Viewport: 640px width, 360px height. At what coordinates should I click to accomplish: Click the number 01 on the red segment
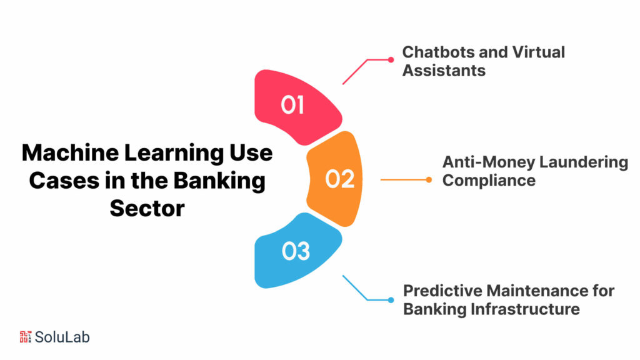(292, 105)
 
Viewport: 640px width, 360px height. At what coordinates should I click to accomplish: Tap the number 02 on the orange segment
(340, 179)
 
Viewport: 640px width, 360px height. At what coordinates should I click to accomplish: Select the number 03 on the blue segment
(296, 251)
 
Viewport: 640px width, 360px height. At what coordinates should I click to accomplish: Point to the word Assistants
(444, 70)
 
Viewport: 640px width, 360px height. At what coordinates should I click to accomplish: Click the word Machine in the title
(68, 153)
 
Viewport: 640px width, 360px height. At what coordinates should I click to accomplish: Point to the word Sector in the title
(147, 208)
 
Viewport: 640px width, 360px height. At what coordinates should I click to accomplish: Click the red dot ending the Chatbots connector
(391, 60)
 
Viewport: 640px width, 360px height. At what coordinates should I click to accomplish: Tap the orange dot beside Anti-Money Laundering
(429, 180)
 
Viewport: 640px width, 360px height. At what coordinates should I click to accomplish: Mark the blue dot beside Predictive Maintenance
(391, 299)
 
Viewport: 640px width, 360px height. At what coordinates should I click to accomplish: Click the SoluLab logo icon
(26, 337)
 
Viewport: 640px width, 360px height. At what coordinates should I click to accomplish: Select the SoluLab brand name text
(62, 337)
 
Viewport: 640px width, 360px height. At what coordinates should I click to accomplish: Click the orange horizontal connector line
(403, 180)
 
